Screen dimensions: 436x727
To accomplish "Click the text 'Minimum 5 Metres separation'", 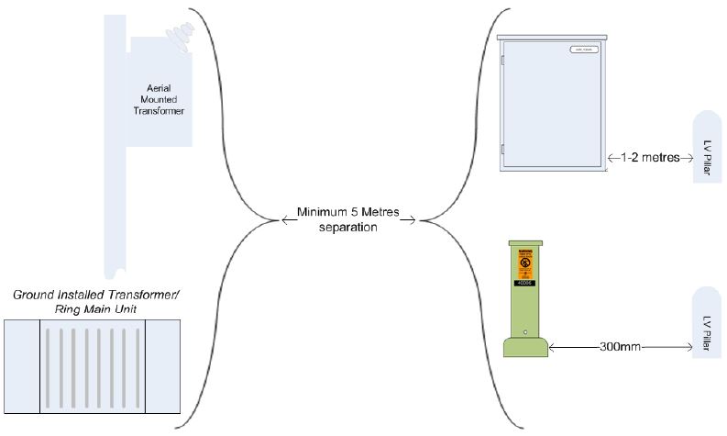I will coord(347,219).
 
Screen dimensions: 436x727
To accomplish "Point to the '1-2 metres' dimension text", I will coord(650,157).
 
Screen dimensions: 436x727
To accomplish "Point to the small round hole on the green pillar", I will coord(524,332).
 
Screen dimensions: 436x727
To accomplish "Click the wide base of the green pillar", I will coord(525,348).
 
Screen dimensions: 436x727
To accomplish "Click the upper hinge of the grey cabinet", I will coord(503,61).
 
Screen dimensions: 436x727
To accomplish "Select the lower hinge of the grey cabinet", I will coord(503,147).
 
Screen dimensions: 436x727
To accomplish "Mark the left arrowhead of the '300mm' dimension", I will coord(554,348).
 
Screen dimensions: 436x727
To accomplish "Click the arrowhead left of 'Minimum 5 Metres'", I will coord(281,219).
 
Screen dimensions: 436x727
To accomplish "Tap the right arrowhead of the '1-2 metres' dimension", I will coord(687,157).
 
